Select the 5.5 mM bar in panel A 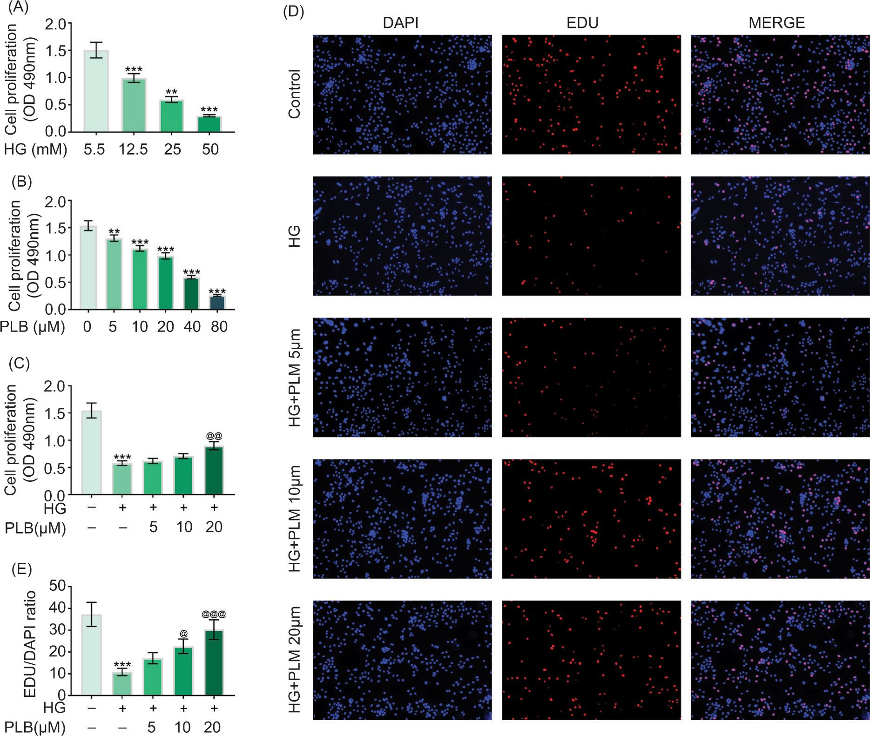[x=95, y=91]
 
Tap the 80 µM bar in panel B [x=217, y=303]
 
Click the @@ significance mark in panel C [x=214, y=436]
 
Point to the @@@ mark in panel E [x=214, y=614]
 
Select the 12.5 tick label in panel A [x=133, y=150]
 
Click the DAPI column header [x=401, y=23]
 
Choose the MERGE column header [x=777, y=23]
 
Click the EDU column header [x=583, y=23]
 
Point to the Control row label [x=295, y=95]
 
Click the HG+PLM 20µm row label [x=295, y=666]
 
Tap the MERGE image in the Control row [x=780, y=95]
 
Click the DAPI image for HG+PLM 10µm [x=402, y=519]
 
